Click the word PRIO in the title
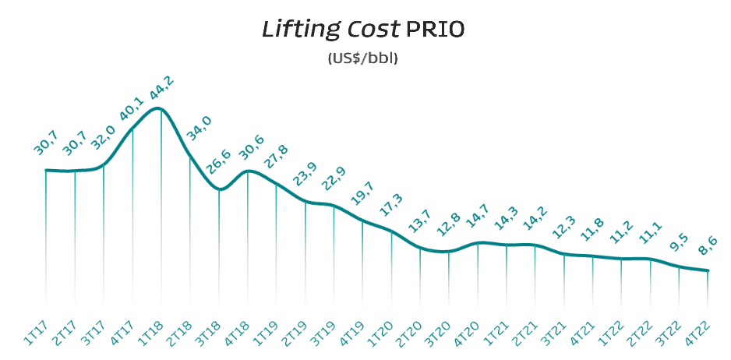[435, 30]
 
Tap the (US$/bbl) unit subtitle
[363, 58]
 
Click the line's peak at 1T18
[160, 108]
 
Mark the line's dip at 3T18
[220, 189]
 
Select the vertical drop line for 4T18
[248, 242]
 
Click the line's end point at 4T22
[708, 271]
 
